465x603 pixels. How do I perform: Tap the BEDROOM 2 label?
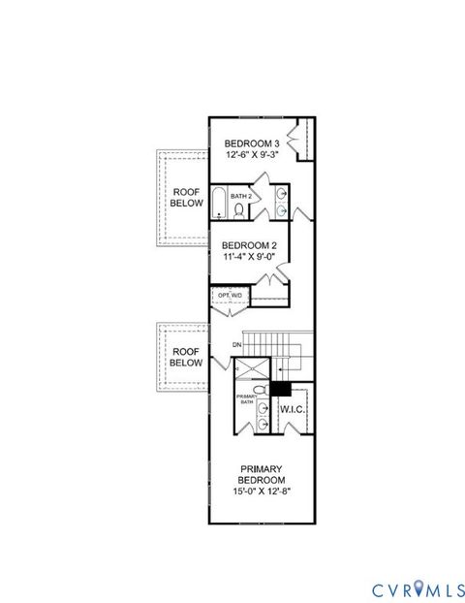click(x=250, y=245)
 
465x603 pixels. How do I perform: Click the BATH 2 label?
click(x=240, y=196)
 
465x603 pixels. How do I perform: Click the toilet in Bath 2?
click(x=238, y=209)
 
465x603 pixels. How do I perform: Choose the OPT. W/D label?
click(x=230, y=294)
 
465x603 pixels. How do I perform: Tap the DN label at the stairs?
click(x=236, y=345)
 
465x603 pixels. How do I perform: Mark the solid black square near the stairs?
click(x=280, y=388)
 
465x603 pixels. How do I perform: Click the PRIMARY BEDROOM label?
click(x=262, y=474)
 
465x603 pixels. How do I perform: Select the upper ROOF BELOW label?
click(x=187, y=198)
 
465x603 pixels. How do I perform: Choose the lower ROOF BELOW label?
click(x=187, y=357)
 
